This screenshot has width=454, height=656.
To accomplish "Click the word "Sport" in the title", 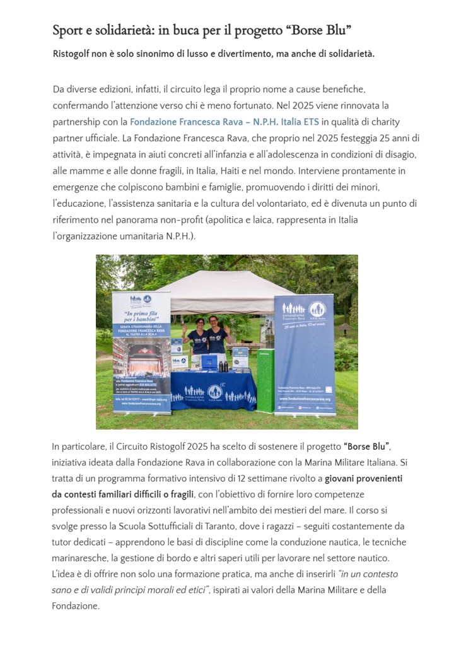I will coord(66,30).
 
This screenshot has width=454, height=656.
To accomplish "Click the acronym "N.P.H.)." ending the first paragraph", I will coord(178,237).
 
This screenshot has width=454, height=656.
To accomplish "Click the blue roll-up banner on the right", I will coord(304,353).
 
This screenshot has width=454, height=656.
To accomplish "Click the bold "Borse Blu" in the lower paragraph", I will coord(367,447).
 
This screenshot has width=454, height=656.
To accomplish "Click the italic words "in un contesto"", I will coord(368,574).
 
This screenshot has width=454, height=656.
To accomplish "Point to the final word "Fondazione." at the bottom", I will coord(76,606).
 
